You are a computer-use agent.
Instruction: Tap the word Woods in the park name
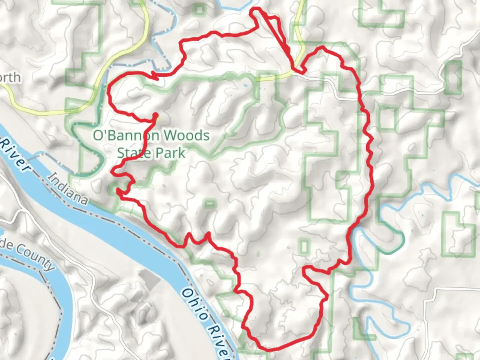point(187,136)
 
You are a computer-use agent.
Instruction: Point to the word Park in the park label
point(170,153)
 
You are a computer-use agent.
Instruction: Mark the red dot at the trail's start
point(155,115)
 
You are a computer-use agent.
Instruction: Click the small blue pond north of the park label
point(246,86)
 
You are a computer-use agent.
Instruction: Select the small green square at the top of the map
point(199,9)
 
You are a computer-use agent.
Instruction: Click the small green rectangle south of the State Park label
point(209,203)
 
